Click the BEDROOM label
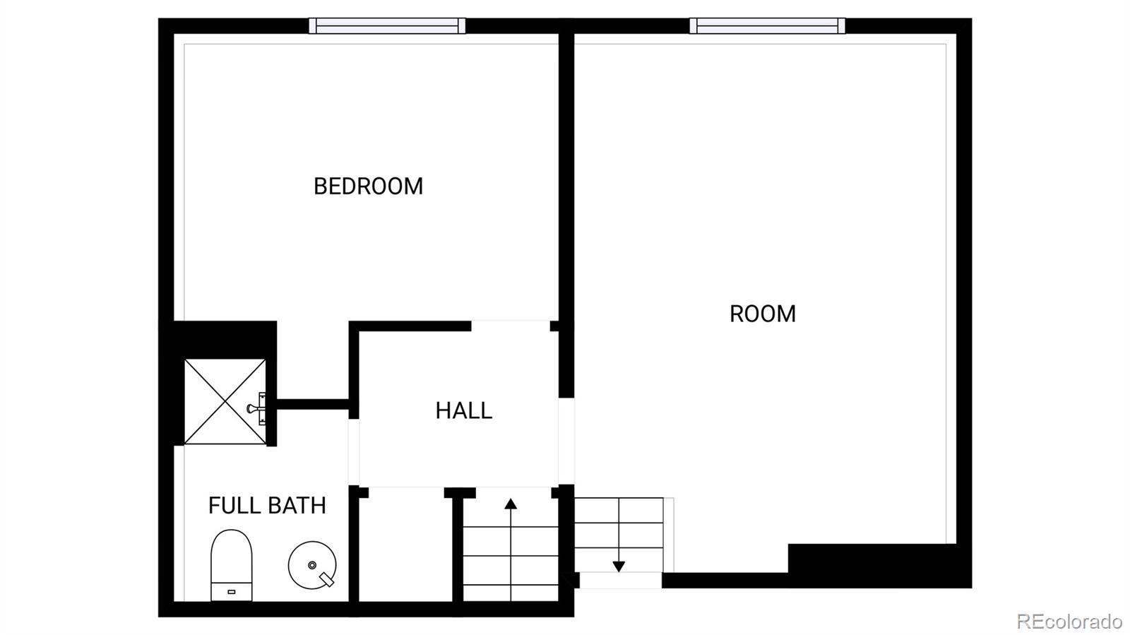pyautogui.click(x=368, y=186)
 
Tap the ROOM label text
pyautogui.click(x=762, y=314)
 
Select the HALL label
pyautogui.click(x=463, y=410)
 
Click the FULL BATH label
pyautogui.click(x=267, y=506)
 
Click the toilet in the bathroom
pyautogui.click(x=231, y=564)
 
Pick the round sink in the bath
pyautogui.click(x=311, y=565)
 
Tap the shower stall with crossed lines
pyautogui.click(x=225, y=402)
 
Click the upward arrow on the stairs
pyautogui.click(x=511, y=504)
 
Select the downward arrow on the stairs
pyautogui.click(x=619, y=566)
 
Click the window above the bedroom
pyautogui.click(x=387, y=26)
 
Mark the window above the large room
pyautogui.click(x=767, y=26)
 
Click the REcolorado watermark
pyautogui.click(x=1069, y=621)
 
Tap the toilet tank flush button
pyautogui.click(x=231, y=592)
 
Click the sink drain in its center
pyautogui.click(x=311, y=565)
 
